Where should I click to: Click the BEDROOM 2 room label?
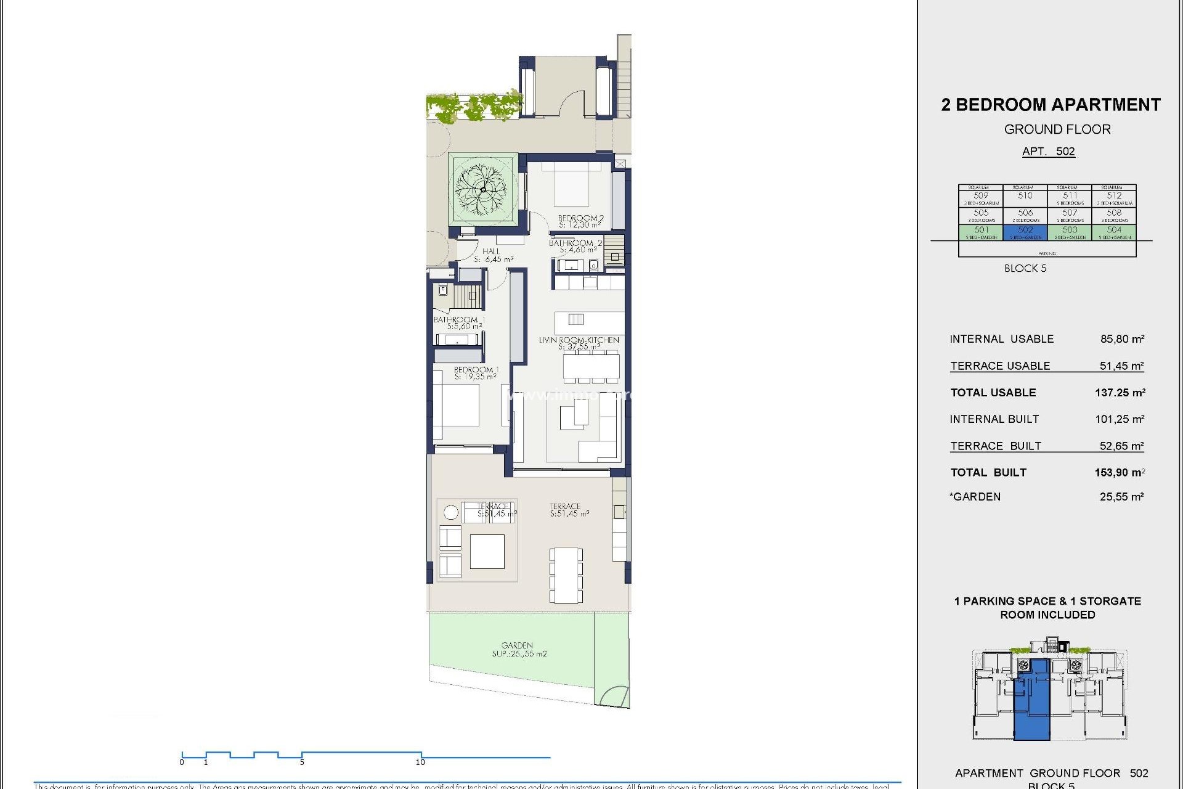coord(580,221)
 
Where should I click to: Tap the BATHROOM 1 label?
coord(459,322)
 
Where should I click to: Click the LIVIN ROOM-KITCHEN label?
coord(579,343)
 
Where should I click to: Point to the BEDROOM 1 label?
coord(476,373)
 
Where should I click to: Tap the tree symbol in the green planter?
coord(482,189)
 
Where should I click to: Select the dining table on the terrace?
coord(566,574)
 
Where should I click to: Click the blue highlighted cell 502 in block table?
coord(1025,232)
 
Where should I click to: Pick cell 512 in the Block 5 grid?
coord(1114,198)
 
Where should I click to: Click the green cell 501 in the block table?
coord(981,232)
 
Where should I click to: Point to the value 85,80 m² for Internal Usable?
coord(1122,339)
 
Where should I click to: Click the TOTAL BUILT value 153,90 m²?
coord(1120,473)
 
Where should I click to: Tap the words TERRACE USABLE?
coord(1000,366)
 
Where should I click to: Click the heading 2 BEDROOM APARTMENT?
coord(1051,105)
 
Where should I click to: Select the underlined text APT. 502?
coord(1048,152)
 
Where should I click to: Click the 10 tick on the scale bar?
coord(421,762)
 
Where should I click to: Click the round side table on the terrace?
coord(451,512)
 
